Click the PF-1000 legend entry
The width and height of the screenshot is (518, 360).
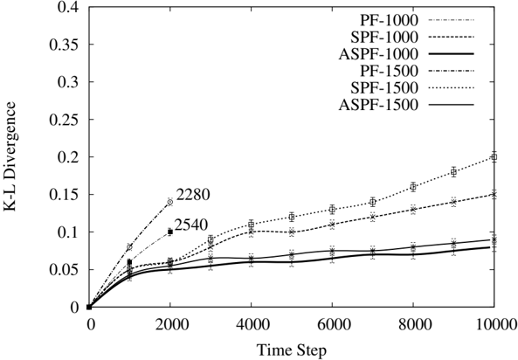(389, 20)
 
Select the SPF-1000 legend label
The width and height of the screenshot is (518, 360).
(384, 37)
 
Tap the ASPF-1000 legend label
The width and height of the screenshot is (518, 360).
(378, 54)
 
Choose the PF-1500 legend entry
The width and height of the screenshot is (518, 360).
(389, 71)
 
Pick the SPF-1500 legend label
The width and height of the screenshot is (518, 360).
(384, 87)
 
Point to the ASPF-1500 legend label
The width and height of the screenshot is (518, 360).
(378, 105)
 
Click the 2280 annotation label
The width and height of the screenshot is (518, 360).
(193, 195)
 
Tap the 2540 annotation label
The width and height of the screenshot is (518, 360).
(191, 225)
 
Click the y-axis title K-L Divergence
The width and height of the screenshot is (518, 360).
(10, 156)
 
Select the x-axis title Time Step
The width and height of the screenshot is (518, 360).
(292, 350)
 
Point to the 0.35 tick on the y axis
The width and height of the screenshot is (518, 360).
(65, 45)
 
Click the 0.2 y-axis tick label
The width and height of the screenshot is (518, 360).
(68, 156)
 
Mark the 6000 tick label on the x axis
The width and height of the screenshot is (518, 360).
(332, 324)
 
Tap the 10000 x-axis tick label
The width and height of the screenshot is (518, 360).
(494, 324)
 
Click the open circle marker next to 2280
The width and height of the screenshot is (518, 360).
(169, 202)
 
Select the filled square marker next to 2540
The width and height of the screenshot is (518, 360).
(170, 232)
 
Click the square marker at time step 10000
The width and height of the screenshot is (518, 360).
(494, 157)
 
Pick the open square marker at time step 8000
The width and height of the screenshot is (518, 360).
(413, 187)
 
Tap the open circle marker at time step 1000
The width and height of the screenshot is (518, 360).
(129, 247)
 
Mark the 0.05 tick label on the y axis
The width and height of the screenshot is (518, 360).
(65, 269)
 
